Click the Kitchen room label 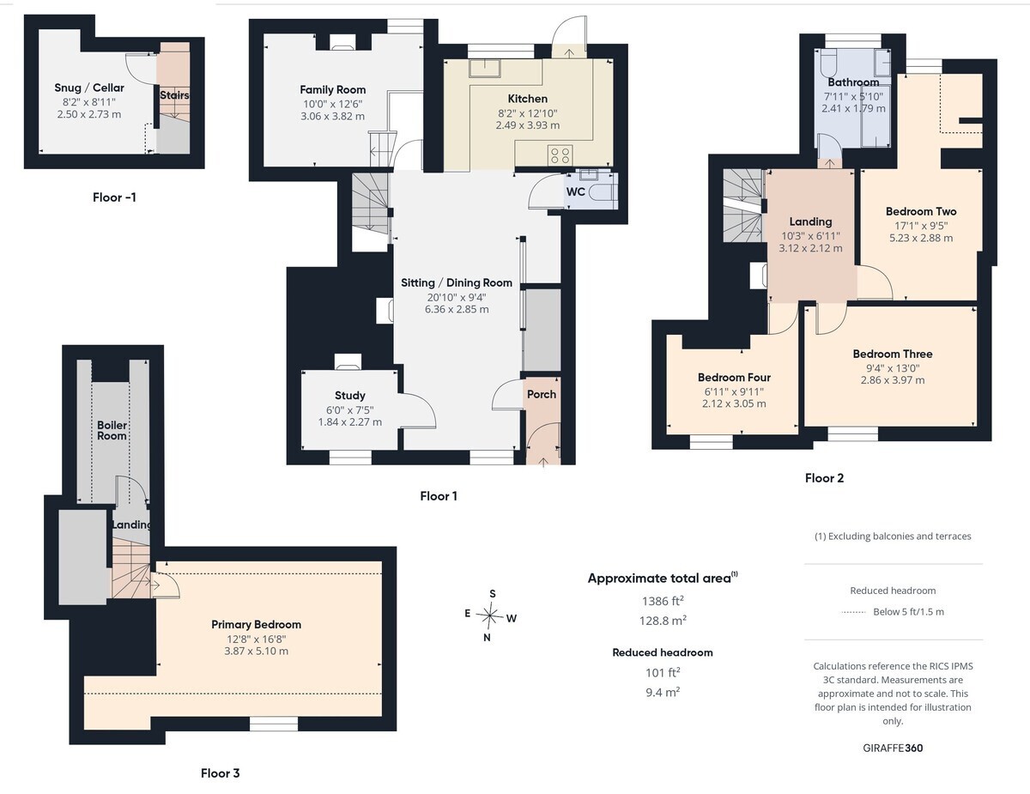[527, 99]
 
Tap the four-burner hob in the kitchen [560, 155]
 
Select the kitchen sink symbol [485, 68]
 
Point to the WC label [575, 192]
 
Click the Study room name [350, 396]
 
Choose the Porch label [542, 394]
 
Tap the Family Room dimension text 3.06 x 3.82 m [332, 116]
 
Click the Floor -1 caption [114, 197]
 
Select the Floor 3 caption [220, 773]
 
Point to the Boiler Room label [112, 430]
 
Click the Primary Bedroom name [256, 624]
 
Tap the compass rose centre [490, 616]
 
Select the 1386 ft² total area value [663, 601]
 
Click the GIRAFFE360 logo [893, 748]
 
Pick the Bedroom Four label [734, 378]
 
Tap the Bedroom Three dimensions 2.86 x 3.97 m [893, 380]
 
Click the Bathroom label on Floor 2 [853, 82]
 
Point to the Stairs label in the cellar [174, 95]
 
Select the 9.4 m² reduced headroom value [663, 692]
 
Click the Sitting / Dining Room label [457, 283]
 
